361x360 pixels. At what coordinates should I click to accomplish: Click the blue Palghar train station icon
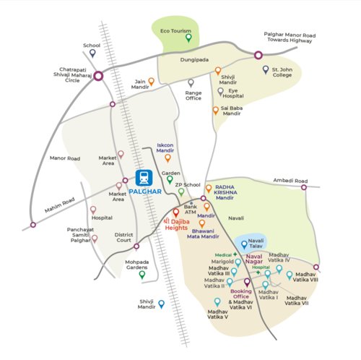142,178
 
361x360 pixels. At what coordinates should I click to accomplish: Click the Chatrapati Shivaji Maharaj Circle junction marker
98,74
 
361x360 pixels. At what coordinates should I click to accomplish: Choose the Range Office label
193,95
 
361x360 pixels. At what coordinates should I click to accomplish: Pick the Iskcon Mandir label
168,147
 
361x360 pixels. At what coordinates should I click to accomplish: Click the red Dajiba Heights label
175,223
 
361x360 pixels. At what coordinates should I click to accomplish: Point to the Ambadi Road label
290,181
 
